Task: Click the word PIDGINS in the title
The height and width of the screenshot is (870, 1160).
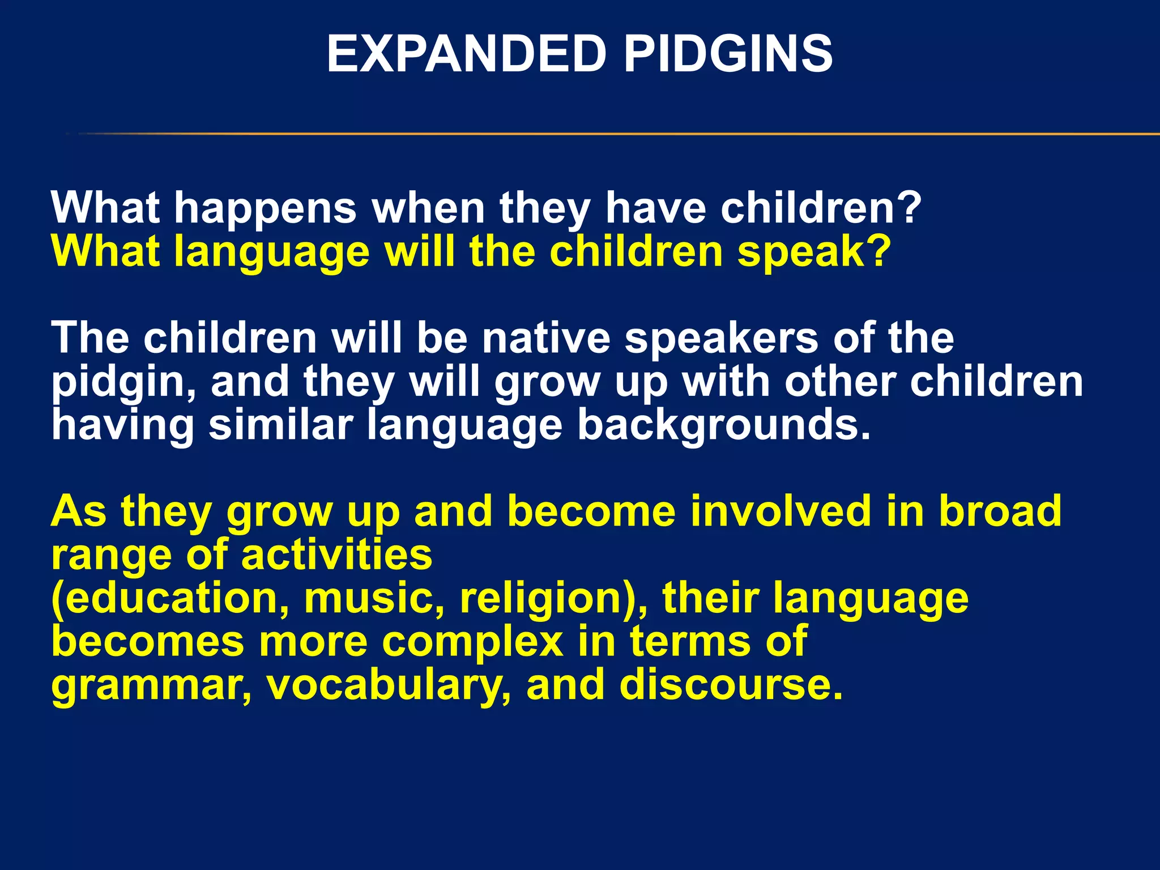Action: (x=728, y=54)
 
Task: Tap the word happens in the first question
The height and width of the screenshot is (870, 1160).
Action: (x=265, y=208)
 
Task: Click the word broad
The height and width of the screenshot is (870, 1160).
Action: (x=1000, y=511)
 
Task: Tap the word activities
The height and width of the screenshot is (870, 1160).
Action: (x=337, y=555)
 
